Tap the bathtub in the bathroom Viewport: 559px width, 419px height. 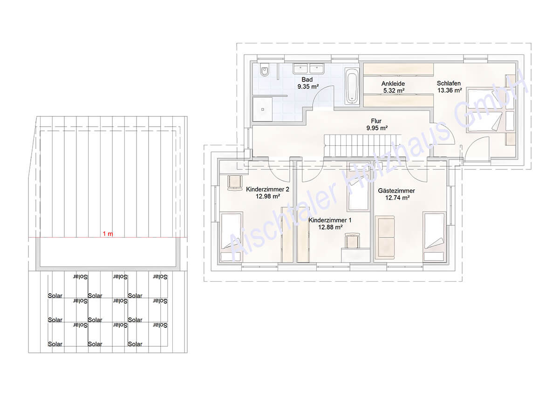click(352, 86)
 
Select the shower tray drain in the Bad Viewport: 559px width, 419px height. click(262, 109)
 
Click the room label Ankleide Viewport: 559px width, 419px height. click(393, 83)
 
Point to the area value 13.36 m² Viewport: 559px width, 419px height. click(450, 90)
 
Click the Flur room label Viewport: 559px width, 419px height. click(376, 121)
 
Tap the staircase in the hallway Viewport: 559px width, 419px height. click(362, 146)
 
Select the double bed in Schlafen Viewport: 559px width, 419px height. click(484, 110)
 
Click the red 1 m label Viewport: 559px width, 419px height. click(108, 234)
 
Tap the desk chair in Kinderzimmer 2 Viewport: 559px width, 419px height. click(235, 183)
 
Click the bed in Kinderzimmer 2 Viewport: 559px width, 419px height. click(231, 237)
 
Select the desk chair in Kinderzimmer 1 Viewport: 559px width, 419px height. click(352, 240)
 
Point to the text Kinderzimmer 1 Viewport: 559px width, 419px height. click(330, 220)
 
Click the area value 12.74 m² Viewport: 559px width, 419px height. click(397, 198)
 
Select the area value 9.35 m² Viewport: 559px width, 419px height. click(308, 87)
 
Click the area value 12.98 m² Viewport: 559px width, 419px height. click(268, 196)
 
